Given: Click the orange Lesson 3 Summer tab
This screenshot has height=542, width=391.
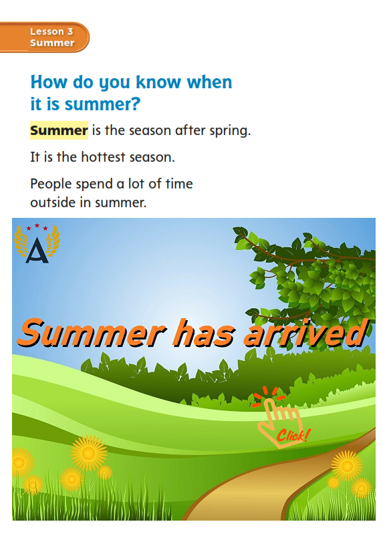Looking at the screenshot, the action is tap(44, 37).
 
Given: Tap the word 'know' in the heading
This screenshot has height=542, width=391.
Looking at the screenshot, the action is tap(158, 82).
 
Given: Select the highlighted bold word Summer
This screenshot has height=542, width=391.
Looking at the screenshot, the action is tap(59, 130).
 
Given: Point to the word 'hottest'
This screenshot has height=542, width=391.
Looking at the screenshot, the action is tap(103, 157).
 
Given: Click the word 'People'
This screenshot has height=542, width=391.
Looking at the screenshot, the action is tap(51, 184).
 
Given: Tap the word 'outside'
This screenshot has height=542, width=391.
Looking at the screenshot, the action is tap(53, 202).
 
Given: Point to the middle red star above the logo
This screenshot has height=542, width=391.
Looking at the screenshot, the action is tap(37, 226).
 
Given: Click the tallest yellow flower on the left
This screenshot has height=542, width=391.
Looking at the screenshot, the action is tap(88, 453).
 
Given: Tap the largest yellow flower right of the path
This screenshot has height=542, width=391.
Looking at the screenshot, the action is tap(347, 466).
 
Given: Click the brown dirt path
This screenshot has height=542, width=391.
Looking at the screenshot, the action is tap(263, 491).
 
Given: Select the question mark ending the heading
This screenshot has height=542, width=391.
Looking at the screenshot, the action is tap(135, 104).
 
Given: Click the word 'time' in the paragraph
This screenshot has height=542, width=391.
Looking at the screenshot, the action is tap(179, 184).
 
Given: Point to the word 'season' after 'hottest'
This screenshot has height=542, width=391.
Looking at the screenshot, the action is tap(152, 158).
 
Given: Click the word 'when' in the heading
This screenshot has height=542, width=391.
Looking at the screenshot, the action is tap(209, 82).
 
